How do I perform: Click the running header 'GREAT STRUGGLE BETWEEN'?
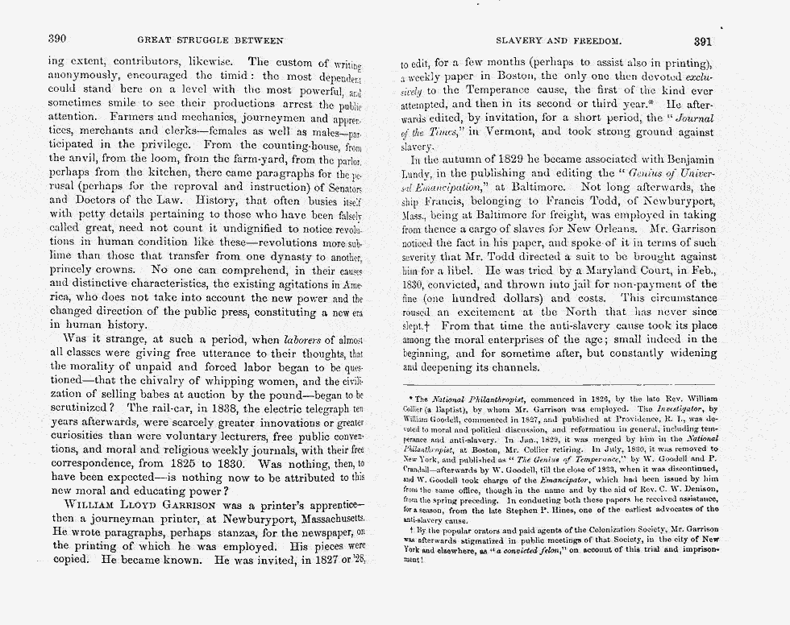(x=210, y=39)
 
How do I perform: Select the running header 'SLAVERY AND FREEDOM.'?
(x=558, y=39)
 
